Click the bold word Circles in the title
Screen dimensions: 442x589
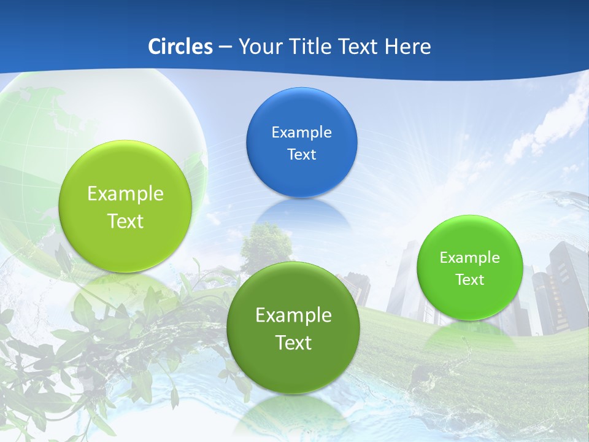pos(180,47)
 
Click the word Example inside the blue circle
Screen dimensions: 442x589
pos(301,132)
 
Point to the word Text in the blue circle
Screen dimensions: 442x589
pos(301,154)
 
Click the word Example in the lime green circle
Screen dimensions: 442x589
pos(125,194)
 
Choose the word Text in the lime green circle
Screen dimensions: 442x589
pos(125,221)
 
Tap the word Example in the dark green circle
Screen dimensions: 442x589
pos(293,316)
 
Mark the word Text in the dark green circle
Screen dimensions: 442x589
pos(293,343)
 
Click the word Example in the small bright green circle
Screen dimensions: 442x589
pos(469,257)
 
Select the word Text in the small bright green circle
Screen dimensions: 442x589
pos(469,280)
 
